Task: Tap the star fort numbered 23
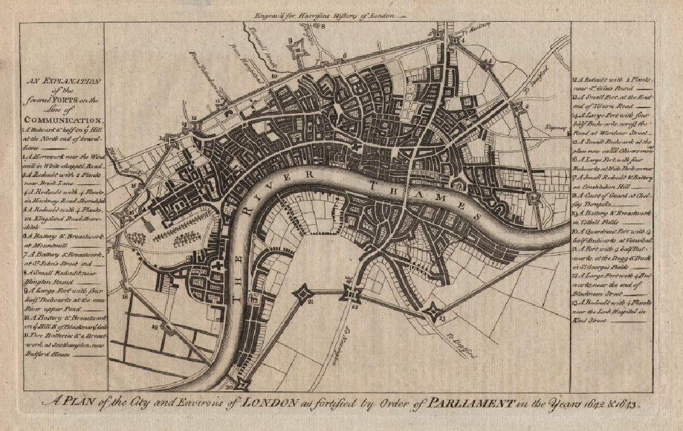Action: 432,312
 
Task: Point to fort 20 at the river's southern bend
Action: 242,384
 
